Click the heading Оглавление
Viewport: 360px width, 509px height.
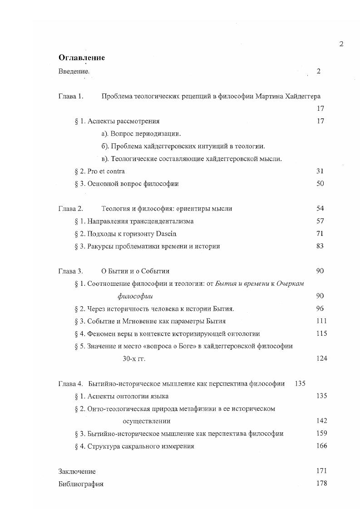(x=82, y=58)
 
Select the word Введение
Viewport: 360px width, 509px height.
(x=74, y=71)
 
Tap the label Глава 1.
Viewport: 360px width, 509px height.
(x=71, y=96)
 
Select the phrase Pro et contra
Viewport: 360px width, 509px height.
(x=106, y=171)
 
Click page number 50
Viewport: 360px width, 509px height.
(x=320, y=184)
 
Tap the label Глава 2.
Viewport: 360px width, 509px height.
(x=71, y=209)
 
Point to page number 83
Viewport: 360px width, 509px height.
(x=320, y=246)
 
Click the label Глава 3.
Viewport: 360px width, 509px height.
(x=71, y=271)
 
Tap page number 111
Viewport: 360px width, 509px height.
(x=321, y=321)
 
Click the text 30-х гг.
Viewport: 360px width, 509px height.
(x=134, y=358)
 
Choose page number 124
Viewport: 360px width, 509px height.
(x=321, y=358)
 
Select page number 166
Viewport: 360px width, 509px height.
(x=321, y=446)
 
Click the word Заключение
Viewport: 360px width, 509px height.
(x=77, y=471)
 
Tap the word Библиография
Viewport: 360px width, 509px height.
(x=81, y=484)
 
